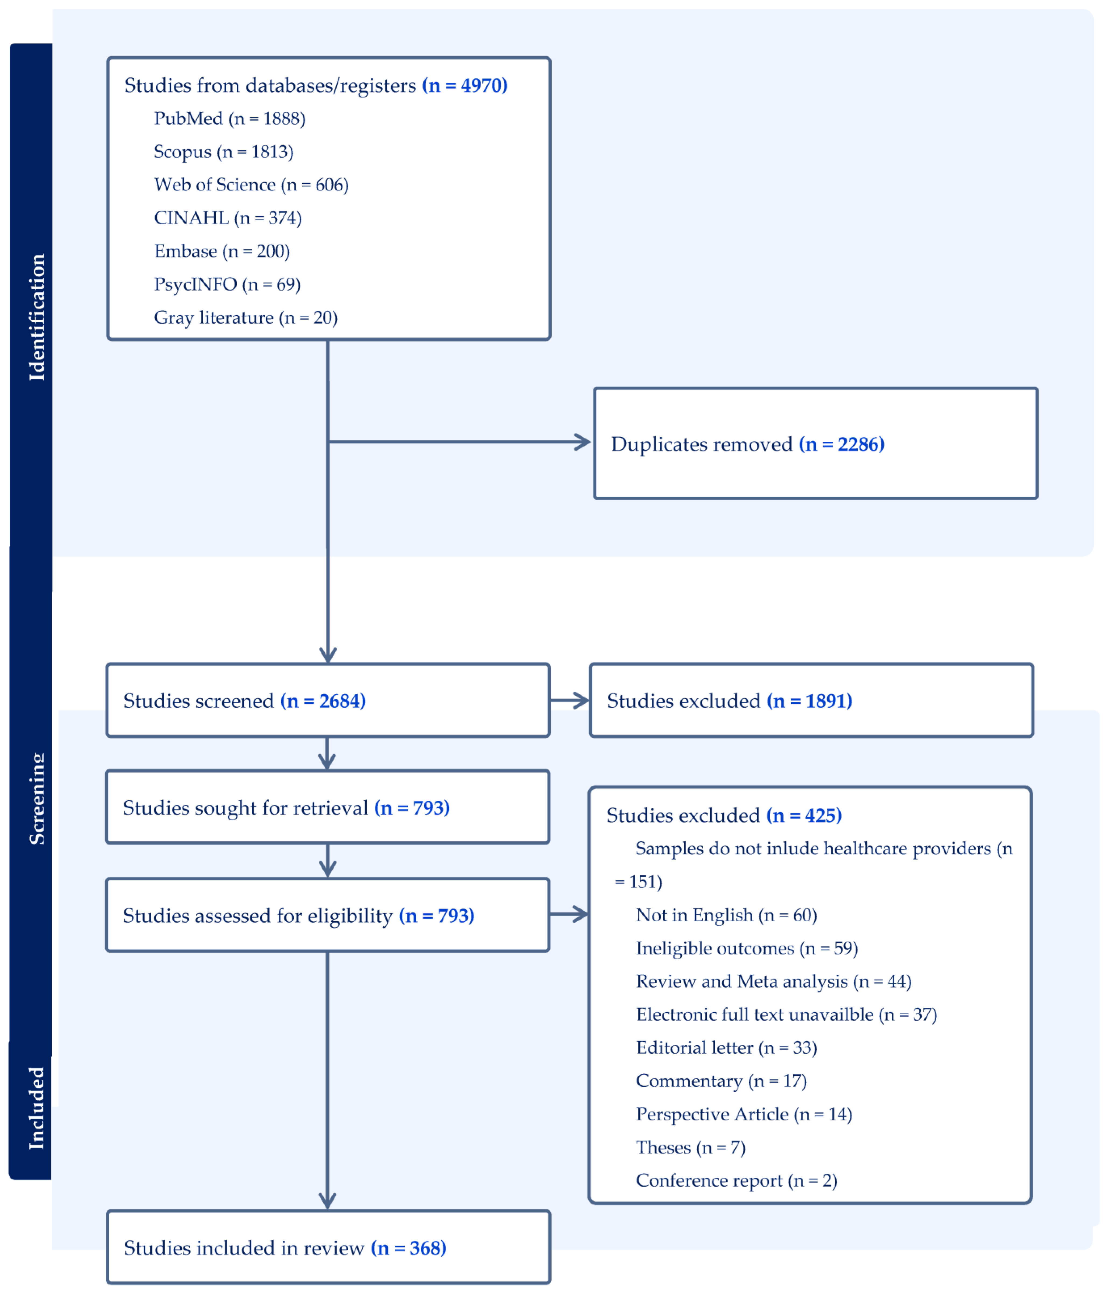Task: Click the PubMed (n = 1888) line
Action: [x=230, y=119]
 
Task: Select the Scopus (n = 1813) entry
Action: [x=223, y=152]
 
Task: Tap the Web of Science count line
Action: [x=251, y=185]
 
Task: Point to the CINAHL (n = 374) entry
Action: [x=228, y=218]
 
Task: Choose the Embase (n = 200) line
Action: [x=221, y=251]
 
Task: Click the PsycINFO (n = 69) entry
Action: [x=227, y=284]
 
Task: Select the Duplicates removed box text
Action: [x=747, y=444]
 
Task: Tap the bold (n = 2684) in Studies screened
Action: [x=323, y=701]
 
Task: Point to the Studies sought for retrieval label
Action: [x=245, y=807]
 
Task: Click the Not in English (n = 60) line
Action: [x=726, y=915]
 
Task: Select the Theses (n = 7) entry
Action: [x=690, y=1147]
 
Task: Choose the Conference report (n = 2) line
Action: [x=736, y=1180]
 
